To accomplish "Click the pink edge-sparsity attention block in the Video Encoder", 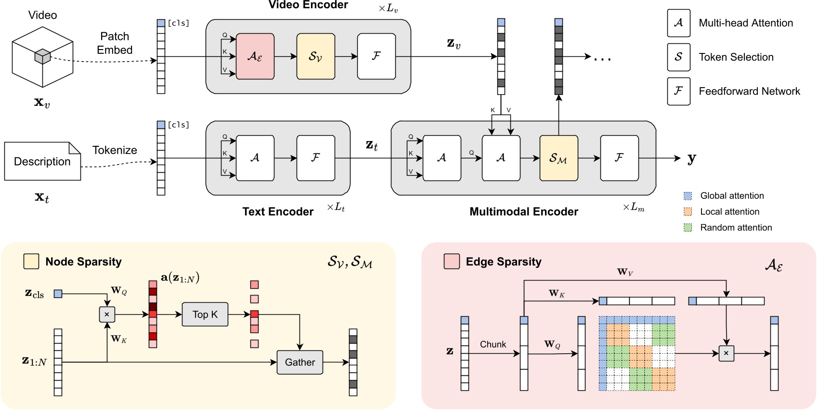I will tap(255, 56).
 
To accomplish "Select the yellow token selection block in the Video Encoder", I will tap(315, 56).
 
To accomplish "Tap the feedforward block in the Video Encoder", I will tap(376, 56).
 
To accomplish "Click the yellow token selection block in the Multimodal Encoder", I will tap(558, 158).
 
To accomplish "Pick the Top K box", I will tap(205, 314).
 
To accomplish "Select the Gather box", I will tap(299, 362).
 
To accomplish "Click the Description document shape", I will tap(42, 161).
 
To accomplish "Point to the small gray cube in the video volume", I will tap(42, 56).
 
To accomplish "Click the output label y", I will tap(692, 158).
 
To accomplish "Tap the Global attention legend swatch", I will tap(688, 196).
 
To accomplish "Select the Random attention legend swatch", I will tap(688, 228).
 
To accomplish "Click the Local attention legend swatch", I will tap(688, 212).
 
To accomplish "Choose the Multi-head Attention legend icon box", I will tap(678, 23).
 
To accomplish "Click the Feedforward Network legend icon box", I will tap(678, 91).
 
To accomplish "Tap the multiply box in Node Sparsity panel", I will tap(107, 314).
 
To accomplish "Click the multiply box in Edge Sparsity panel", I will tap(726, 353).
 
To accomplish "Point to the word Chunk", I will tap(493, 345).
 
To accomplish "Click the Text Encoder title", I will tap(278, 212).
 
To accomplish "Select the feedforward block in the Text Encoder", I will tap(315, 158).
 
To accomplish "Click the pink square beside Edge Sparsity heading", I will tap(452, 261).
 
